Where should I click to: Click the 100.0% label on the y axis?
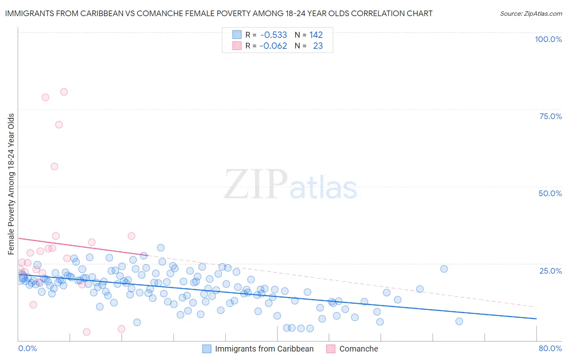(548, 39)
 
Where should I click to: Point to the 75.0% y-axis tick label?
(550, 116)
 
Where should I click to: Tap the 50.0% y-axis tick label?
(550, 193)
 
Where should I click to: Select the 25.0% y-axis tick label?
(550, 270)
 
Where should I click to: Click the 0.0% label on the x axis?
(27, 348)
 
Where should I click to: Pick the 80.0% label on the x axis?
(550, 348)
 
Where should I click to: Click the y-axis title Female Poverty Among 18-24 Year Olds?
(11, 184)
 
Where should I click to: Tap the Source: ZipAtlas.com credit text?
(531, 13)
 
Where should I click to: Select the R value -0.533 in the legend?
(273, 35)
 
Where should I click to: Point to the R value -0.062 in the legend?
(273, 46)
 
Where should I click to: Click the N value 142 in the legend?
(316, 35)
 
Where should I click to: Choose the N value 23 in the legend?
(318, 46)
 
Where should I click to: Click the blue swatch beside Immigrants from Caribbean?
(207, 349)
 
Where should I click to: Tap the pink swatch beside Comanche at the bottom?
(331, 349)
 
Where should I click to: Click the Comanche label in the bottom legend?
(359, 349)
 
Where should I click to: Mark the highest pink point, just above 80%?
(64, 92)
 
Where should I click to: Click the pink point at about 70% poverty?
(59, 124)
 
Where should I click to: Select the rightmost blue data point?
(459, 321)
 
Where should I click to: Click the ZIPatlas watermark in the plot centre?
(290, 184)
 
